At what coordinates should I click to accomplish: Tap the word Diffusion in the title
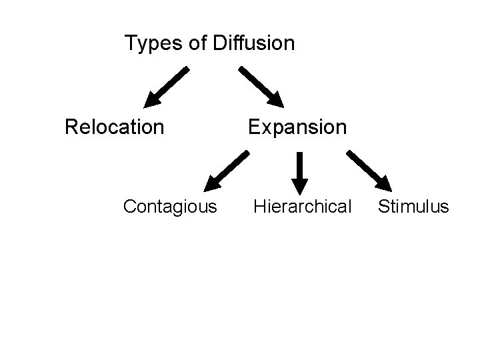point(254,44)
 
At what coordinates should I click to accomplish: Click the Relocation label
point(114,127)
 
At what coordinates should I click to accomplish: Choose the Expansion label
point(297,127)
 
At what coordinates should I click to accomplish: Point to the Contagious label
point(170,207)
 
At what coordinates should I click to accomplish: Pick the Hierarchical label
point(302,207)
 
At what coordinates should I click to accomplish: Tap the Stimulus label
point(413,207)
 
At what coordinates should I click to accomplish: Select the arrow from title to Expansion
point(261,87)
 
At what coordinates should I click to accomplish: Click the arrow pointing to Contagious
point(226,171)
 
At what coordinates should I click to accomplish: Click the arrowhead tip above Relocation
point(147,106)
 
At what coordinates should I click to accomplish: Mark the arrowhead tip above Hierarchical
point(300,191)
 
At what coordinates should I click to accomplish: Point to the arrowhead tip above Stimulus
point(390,190)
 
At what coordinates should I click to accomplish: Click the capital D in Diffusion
point(219,44)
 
